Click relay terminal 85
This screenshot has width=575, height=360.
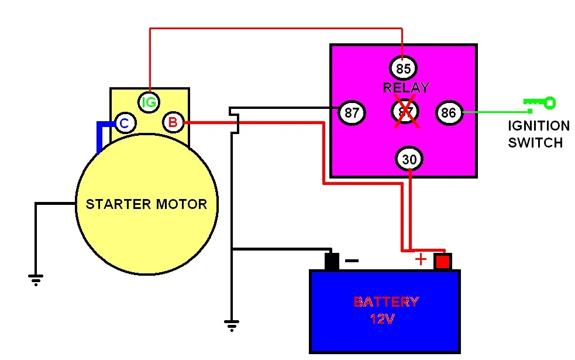point(403,68)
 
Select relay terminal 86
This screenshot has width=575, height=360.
point(449,112)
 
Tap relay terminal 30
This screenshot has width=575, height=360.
point(410,159)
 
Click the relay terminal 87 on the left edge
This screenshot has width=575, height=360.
point(352,112)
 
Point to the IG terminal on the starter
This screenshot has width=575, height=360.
point(150,103)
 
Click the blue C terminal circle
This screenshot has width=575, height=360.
point(124,123)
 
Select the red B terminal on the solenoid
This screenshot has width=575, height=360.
point(173,123)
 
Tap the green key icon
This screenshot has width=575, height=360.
point(539,104)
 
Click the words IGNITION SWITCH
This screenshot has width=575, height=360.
point(538,134)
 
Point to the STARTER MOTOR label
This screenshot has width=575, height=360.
point(146,204)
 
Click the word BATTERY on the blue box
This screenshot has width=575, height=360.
point(386,302)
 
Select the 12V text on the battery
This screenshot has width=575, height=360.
point(383,320)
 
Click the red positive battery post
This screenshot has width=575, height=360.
point(443,262)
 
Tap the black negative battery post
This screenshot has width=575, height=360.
point(332,261)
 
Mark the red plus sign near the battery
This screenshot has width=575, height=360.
point(421,259)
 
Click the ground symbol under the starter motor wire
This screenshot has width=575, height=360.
point(36,280)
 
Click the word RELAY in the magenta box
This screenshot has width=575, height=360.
point(406,88)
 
